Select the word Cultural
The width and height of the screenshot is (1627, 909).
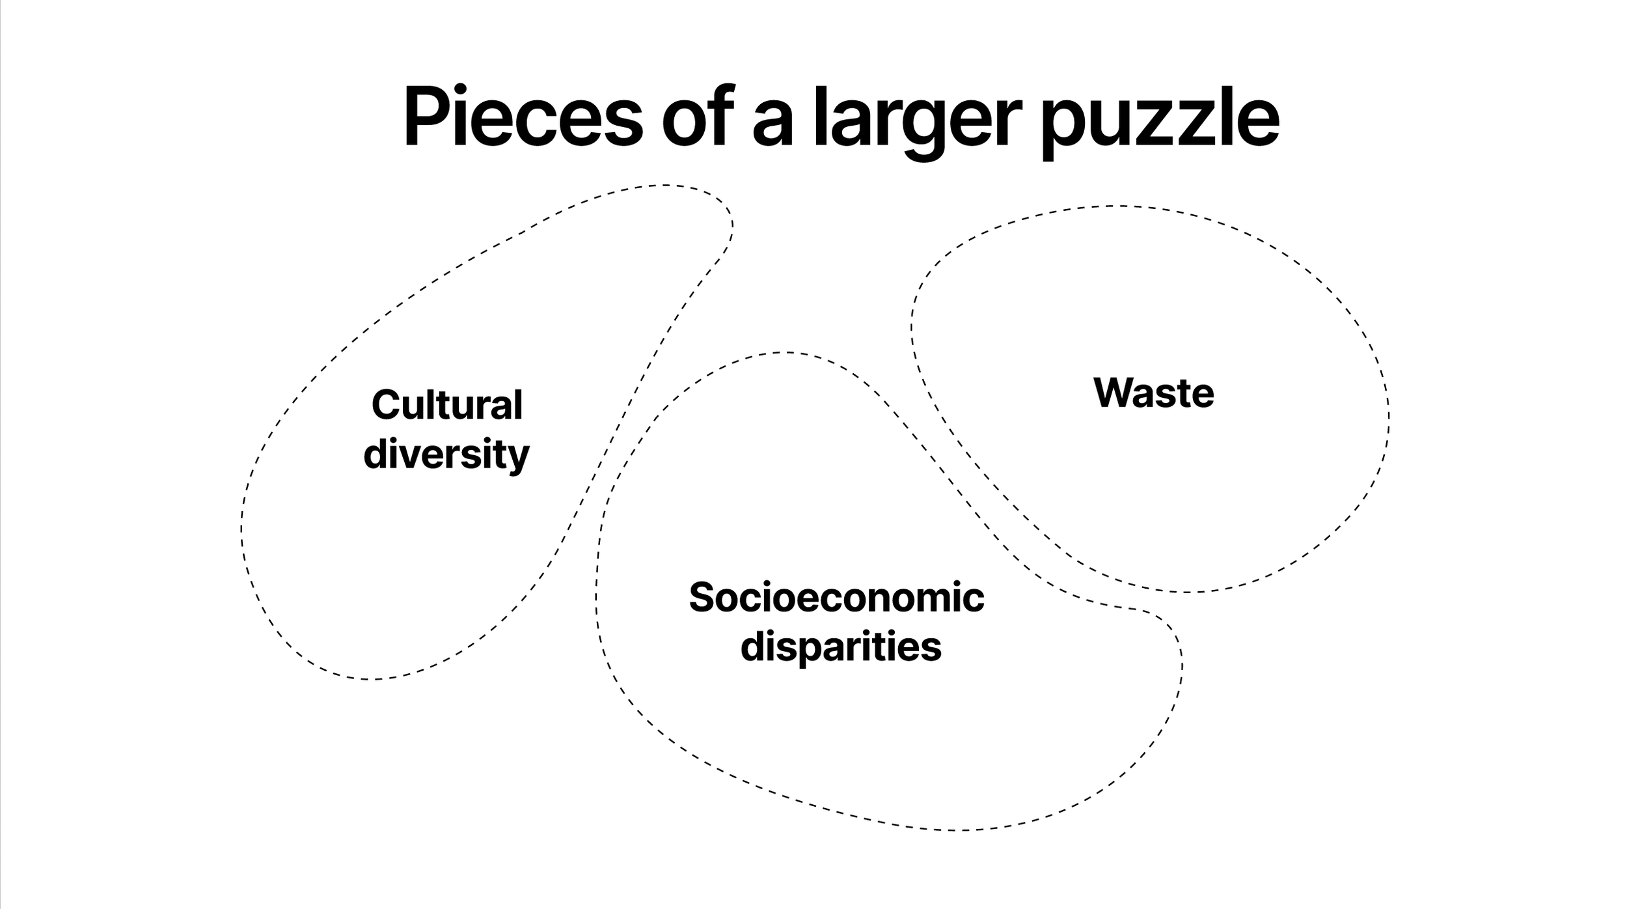point(446,405)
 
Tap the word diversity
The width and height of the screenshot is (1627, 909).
point(446,454)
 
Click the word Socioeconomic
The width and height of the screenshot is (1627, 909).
point(836,597)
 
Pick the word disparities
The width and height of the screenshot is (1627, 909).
point(841,647)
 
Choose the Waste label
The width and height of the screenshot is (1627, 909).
point(1153,393)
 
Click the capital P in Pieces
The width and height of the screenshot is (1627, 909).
point(426,117)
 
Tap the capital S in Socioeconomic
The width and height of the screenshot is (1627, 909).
point(702,597)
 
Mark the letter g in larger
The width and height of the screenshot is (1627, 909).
point(922,127)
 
